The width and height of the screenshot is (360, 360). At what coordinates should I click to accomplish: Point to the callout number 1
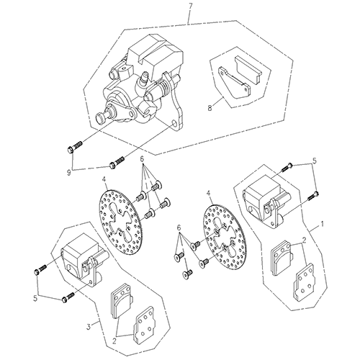coord(323,223)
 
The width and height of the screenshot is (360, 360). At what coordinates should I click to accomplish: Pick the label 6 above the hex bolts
coord(143,158)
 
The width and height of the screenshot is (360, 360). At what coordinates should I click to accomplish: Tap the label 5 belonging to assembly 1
coord(313,161)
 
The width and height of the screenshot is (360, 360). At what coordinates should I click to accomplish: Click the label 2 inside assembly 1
coord(305,241)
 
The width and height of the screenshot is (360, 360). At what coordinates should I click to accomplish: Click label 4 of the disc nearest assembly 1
coord(208,194)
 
